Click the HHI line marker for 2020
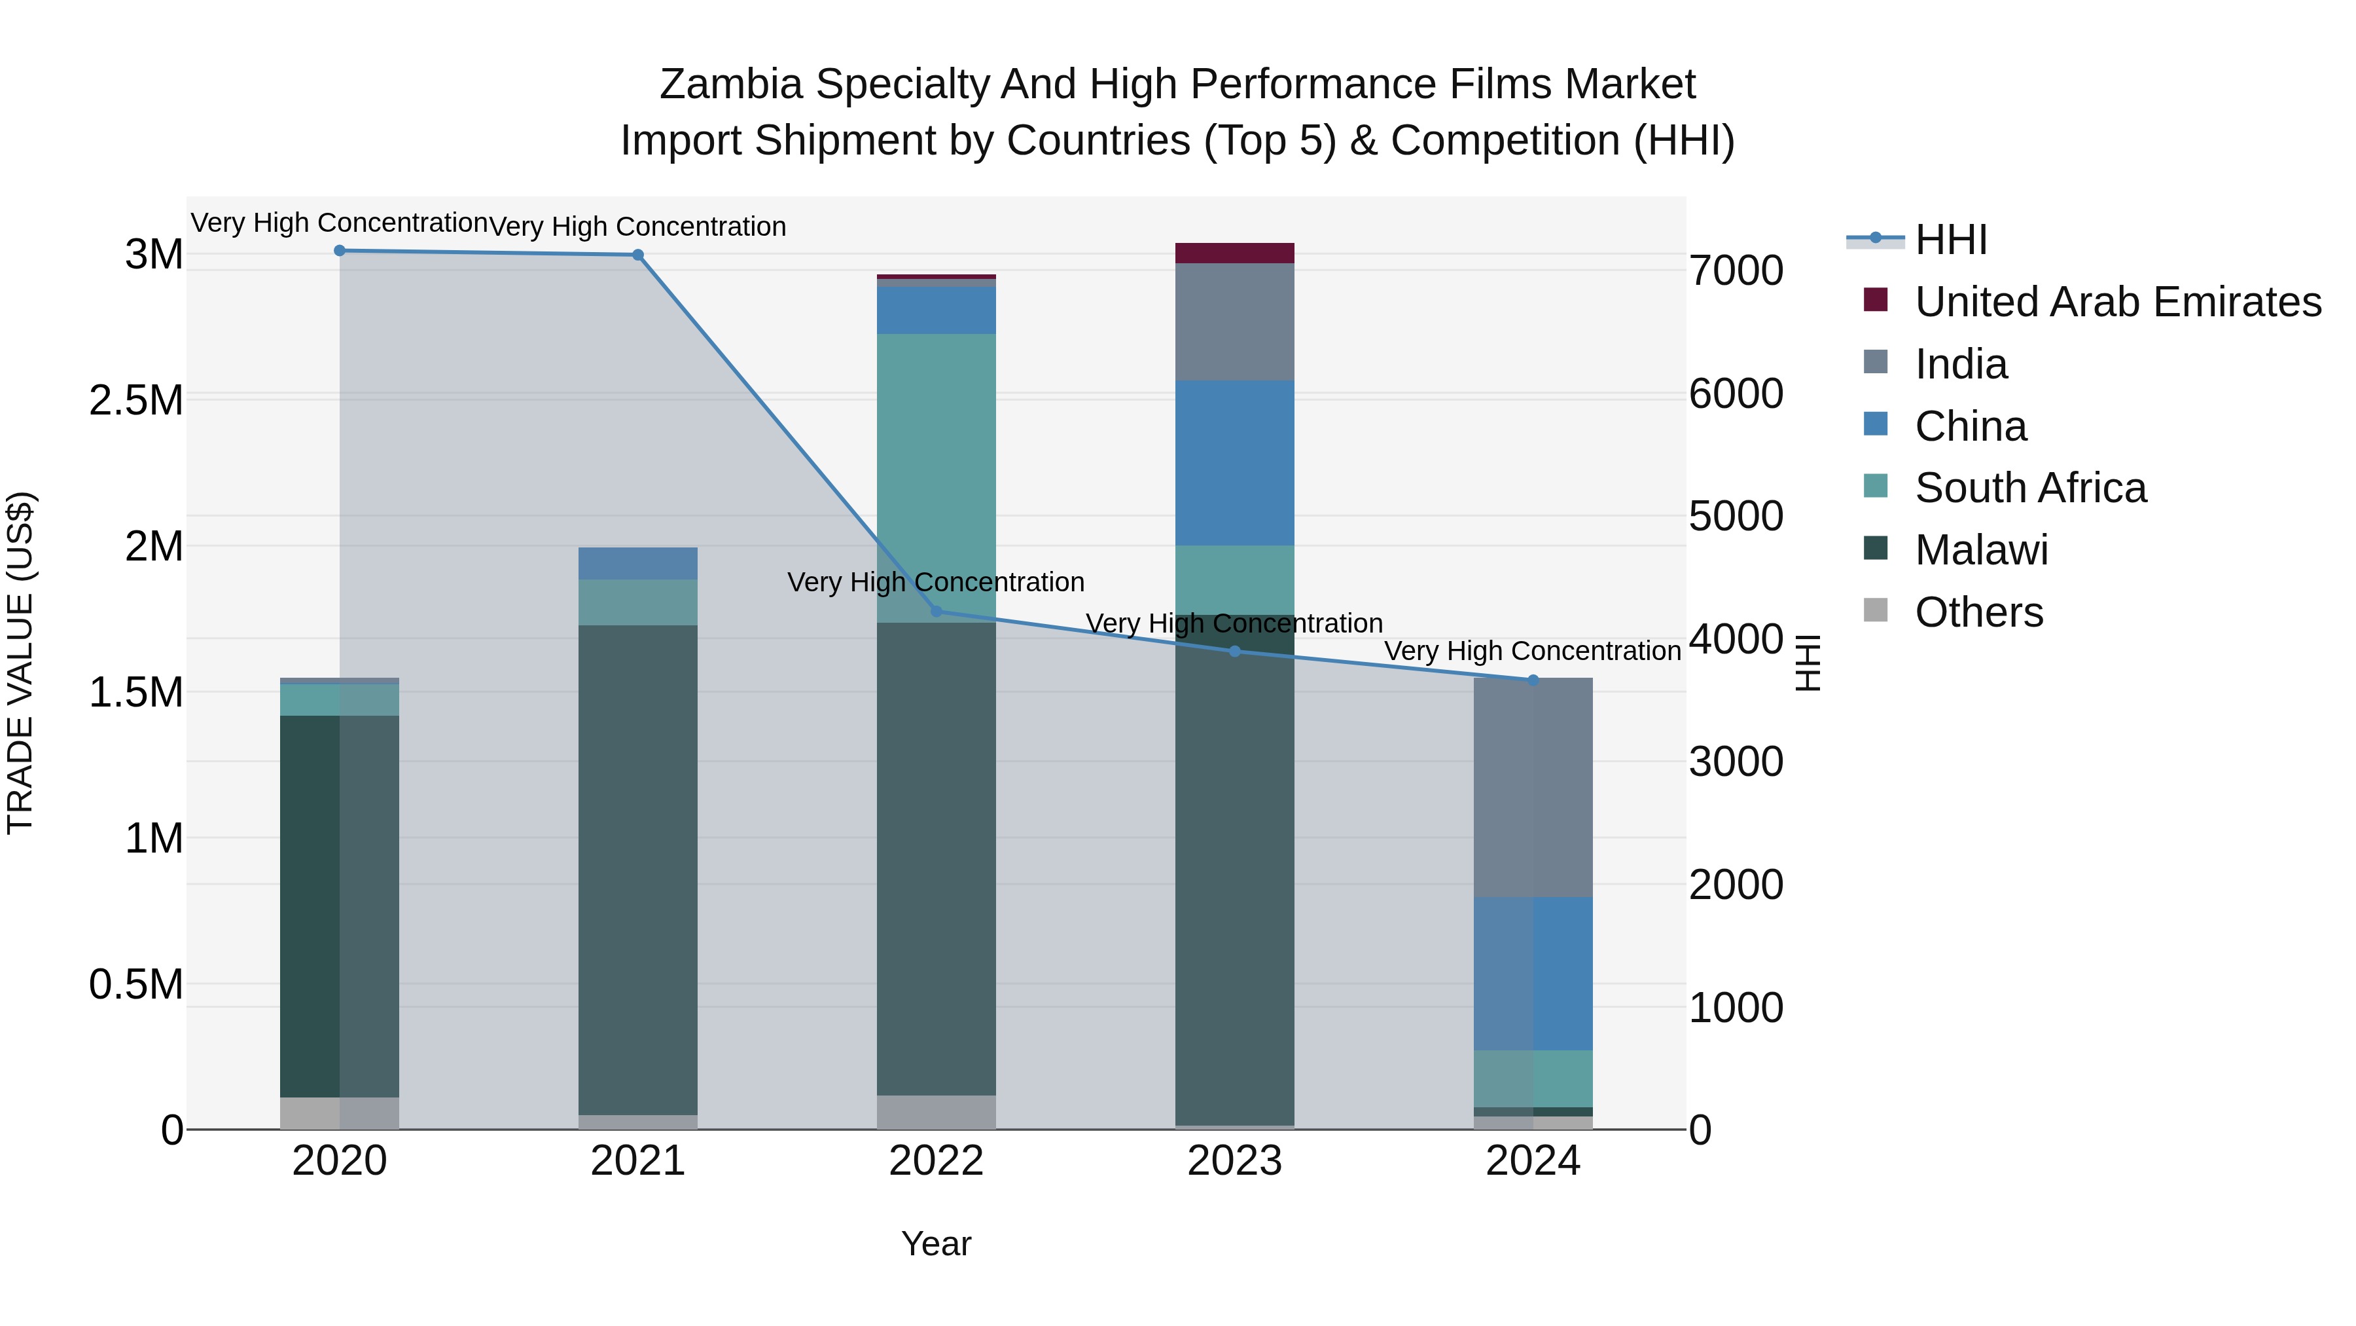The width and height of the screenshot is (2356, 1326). [x=339, y=251]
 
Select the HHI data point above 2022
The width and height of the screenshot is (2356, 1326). [x=936, y=612]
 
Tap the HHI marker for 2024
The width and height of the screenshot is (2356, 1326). [x=1533, y=680]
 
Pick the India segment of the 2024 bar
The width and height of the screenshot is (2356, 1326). [x=1533, y=787]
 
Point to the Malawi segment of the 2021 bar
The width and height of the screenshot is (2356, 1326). [x=637, y=870]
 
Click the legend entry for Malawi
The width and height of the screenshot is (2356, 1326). [x=1980, y=551]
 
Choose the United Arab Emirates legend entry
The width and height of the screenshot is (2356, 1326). [x=2116, y=302]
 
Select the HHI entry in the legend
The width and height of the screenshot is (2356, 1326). [x=1950, y=240]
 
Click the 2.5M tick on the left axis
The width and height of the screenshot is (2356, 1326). [x=136, y=401]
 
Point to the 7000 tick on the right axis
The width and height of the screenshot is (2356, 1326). [x=1735, y=271]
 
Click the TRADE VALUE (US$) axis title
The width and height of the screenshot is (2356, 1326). [x=20, y=663]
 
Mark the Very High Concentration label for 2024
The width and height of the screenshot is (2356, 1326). [x=1532, y=652]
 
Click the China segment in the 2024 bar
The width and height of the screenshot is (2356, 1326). [x=1533, y=974]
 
